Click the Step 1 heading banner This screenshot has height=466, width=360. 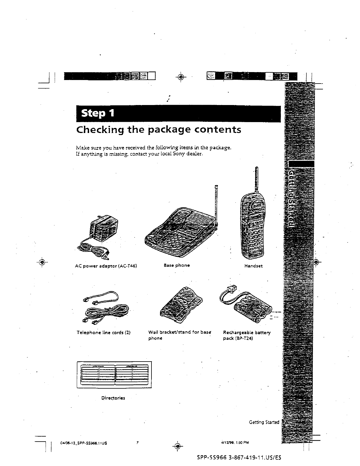(x=178, y=114)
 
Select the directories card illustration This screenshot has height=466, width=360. (x=114, y=375)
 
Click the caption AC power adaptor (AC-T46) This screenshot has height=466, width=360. (x=106, y=266)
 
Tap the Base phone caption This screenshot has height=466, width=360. (x=176, y=265)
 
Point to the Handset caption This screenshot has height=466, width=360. (x=253, y=266)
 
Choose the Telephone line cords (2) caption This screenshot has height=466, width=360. (x=103, y=333)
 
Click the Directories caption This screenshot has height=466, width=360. (x=113, y=398)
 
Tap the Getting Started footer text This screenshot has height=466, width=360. (x=264, y=422)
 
